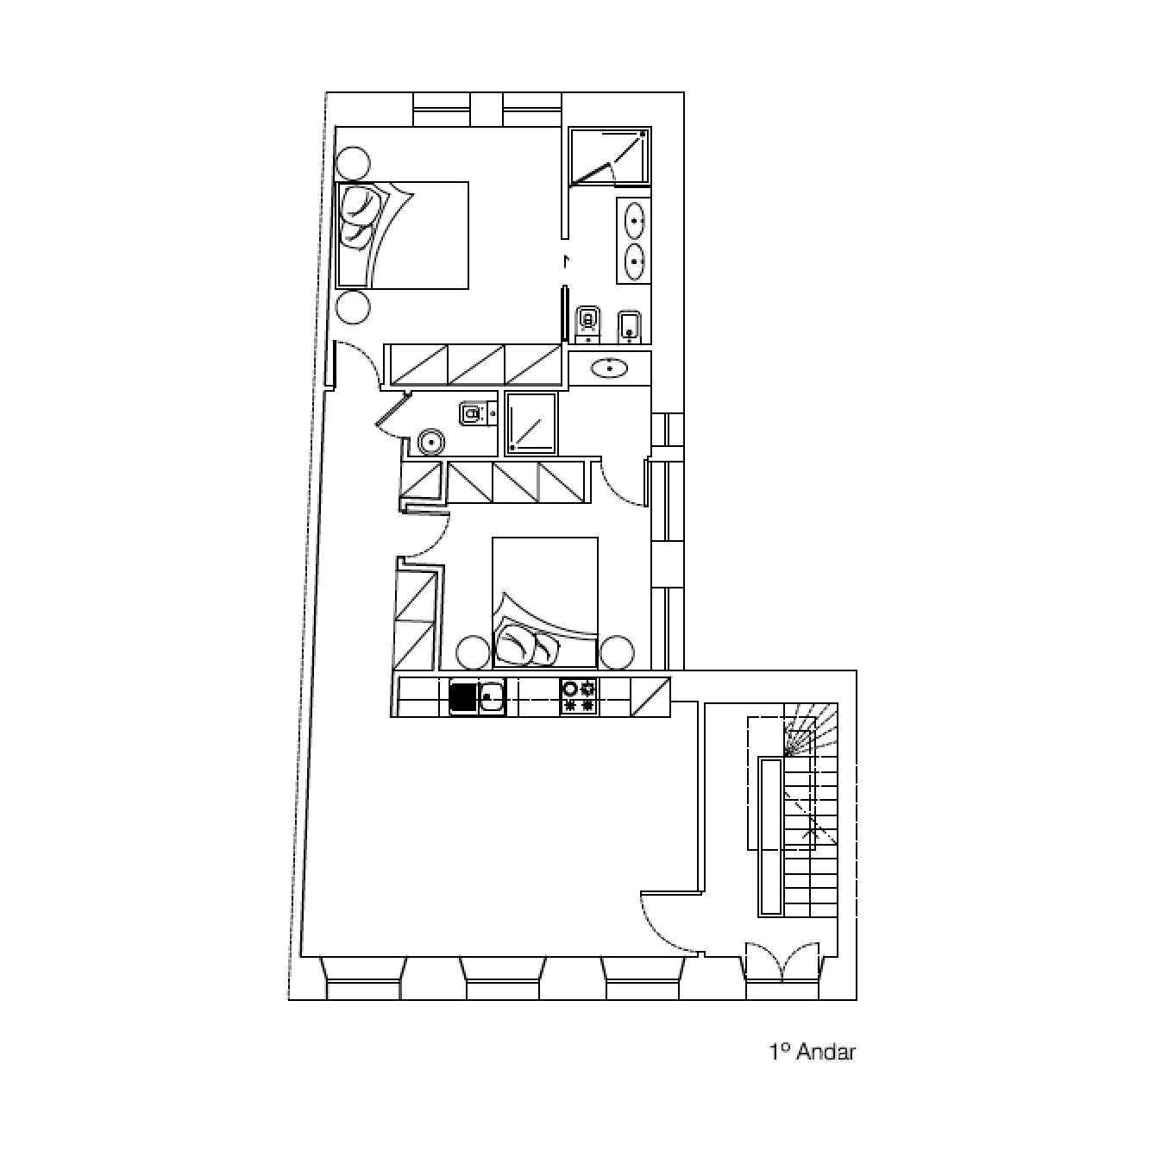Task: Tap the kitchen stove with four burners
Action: pyautogui.click(x=579, y=696)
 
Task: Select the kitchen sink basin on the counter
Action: pyautogui.click(x=493, y=697)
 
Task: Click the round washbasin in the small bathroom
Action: pyautogui.click(x=431, y=443)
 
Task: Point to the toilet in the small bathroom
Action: pyautogui.click(x=473, y=413)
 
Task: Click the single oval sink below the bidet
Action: pyautogui.click(x=609, y=367)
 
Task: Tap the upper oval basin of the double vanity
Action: pyautogui.click(x=635, y=221)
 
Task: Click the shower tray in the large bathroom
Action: pyautogui.click(x=609, y=155)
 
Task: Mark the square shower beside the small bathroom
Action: pyautogui.click(x=531, y=423)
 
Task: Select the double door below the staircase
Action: pyautogui.click(x=782, y=963)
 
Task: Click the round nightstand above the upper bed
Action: pyautogui.click(x=353, y=163)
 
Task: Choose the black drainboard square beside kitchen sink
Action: pyautogui.click(x=463, y=697)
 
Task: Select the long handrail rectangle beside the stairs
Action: pyautogui.click(x=771, y=836)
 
